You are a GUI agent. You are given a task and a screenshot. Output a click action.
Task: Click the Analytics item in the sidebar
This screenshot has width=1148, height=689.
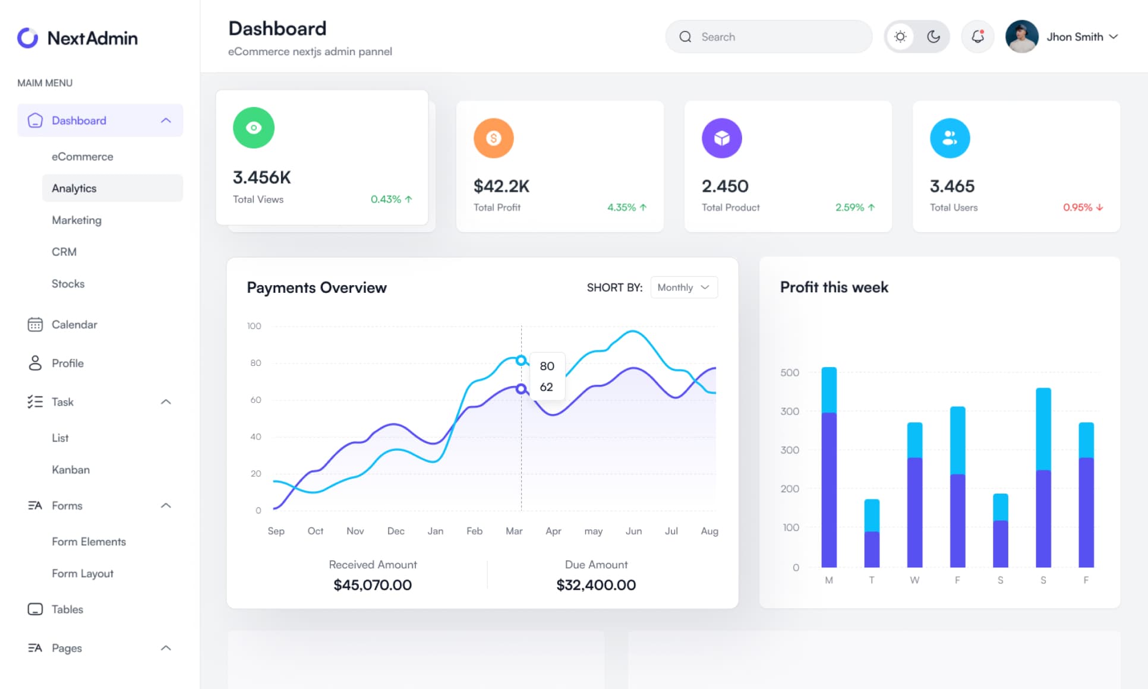pos(74,188)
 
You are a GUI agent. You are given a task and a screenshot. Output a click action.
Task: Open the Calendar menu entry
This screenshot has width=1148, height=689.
pos(74,324)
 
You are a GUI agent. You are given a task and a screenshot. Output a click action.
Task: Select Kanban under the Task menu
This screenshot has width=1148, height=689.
pos(71,470)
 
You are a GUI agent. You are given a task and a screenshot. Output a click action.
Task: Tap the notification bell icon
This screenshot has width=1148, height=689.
pos(977,37)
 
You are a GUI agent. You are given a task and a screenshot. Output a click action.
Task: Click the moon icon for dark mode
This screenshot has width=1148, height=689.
pos(933,37)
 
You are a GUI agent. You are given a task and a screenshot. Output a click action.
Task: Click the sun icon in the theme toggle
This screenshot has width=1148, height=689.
pos(900,37)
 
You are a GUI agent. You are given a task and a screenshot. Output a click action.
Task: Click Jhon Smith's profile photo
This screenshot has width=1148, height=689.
pos(1021,37)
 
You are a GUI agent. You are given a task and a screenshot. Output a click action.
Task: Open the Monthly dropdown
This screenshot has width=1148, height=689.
pos(684,287)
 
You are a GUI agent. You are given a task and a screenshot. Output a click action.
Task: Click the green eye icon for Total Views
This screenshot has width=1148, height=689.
pos(254,128)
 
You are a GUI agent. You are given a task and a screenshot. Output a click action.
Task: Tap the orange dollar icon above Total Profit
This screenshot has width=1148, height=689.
pos(493,138)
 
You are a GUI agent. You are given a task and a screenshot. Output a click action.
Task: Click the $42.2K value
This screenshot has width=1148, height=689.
pos(501,187)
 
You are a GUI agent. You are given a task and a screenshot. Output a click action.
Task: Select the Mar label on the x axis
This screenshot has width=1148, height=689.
pos(514,531)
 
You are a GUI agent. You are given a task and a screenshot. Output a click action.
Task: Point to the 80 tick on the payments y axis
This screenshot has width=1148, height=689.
pos(256,363)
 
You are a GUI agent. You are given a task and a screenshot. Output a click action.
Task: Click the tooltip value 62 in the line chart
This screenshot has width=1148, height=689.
pos(546,387)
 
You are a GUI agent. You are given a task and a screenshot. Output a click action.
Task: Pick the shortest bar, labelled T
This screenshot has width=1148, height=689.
pos(872,533)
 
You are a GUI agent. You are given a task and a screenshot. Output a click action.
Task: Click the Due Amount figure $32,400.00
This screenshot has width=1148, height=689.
pos(596,585)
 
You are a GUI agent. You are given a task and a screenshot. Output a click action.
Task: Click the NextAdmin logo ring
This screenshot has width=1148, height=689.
pos(27,38)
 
